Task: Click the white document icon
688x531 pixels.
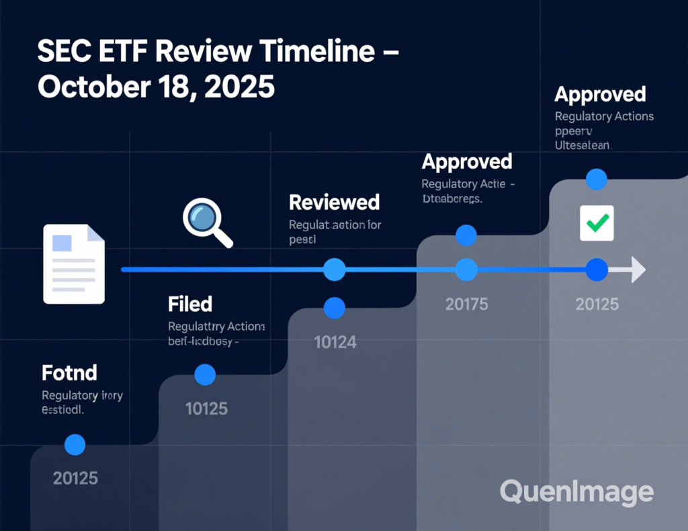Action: [x=74, y=263]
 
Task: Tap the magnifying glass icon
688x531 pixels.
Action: [x=208, y=224]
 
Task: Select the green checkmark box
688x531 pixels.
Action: [x=597, y=222]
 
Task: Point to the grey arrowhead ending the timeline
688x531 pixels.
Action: [x=636, y=270]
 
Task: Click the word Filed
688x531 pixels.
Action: [x=190, y=304]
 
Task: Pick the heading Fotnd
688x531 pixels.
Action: [x=69, y=372]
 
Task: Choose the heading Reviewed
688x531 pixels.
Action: [x=334, y=202]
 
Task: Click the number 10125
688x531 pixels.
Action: [x=206, y=408]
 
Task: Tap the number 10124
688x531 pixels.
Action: [x=335, y=342]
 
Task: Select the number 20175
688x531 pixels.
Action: [x=466, y=304]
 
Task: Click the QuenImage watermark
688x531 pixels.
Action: [x=576, y=492]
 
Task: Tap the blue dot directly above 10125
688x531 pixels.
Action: [x=204, y=375]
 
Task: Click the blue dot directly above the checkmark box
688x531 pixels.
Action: [x=597, y=179]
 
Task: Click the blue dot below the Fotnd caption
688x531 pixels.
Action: [x=75, y=444]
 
